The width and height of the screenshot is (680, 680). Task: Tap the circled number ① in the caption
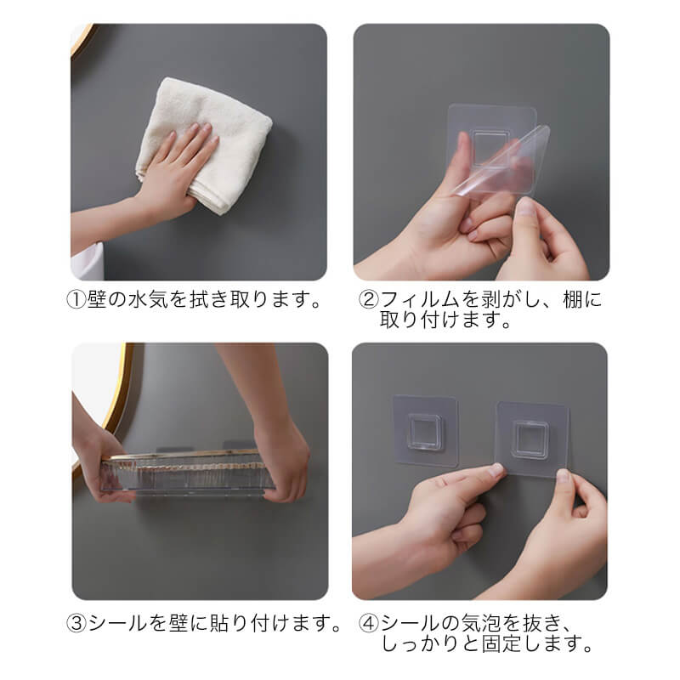tap(76, 300)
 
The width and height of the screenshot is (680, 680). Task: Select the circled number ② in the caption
tap(369, 300)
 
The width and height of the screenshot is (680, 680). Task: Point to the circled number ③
tap(76, 623)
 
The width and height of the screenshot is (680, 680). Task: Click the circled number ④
tap(369, 623)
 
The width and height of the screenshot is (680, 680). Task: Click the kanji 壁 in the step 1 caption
tap(97, 300)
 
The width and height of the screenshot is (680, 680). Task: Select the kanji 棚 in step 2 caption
tap(572, 300)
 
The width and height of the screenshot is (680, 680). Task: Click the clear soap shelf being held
tap(187, 473)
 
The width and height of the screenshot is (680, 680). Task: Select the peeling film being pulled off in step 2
tap(503, 161)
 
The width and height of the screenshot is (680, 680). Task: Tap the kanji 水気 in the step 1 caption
tap(148, 300)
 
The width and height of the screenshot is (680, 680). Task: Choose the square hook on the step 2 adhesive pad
tap(490, 146)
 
